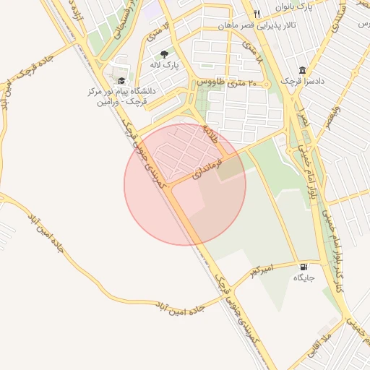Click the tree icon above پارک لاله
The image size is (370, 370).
tap(165, 54)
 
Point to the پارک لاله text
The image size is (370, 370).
tap(165, 66)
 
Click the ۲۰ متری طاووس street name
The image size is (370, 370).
tap(224, 84)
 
